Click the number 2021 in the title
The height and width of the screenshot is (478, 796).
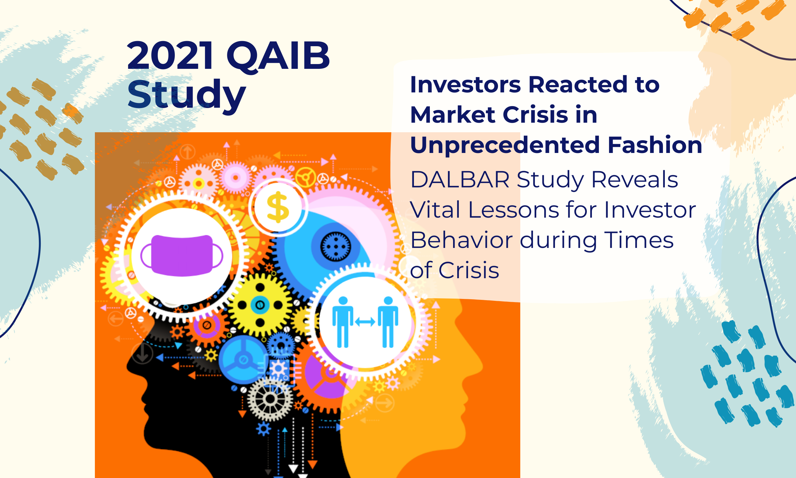170,56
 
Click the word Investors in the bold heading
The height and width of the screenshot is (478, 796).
465,85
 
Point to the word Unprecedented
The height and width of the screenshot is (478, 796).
505,146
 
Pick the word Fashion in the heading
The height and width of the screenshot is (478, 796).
655,145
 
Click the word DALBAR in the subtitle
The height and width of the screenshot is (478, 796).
460,179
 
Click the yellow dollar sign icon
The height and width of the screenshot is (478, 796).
278,207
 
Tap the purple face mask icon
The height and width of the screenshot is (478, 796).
182,256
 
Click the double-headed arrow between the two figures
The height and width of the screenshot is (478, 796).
365,322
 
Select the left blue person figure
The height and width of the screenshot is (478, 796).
343,322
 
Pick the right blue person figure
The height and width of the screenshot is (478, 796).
388,322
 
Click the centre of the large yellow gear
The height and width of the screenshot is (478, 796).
260,305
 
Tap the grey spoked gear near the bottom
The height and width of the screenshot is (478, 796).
270,399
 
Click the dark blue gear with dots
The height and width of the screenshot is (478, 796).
336,246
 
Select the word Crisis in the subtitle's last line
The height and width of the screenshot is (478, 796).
469,270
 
